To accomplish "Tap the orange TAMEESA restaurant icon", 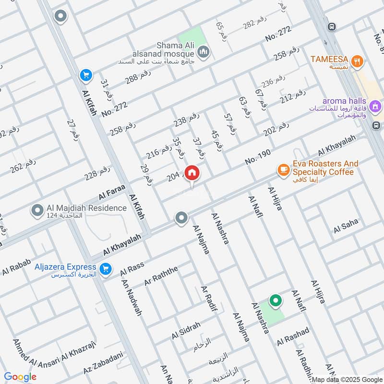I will click(356, 60).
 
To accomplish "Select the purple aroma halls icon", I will click(376, 105).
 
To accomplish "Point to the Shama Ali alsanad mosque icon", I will click(204, 51).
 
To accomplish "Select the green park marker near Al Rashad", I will click(276, 301).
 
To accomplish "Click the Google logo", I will click(20, 377).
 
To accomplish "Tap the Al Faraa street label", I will click(112, 192).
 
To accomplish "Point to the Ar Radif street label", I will click(209, 301).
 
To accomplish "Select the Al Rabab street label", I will click(16, 267).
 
